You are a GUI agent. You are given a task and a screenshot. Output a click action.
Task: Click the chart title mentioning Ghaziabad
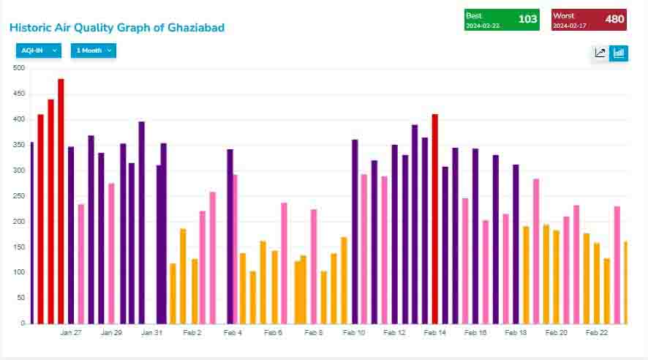117,28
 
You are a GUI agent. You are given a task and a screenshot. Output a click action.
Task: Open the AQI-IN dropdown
39,50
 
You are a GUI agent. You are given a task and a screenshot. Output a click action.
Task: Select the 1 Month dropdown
94,50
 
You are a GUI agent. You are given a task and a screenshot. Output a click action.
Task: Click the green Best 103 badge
502,20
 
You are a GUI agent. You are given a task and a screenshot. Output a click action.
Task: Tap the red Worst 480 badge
589,20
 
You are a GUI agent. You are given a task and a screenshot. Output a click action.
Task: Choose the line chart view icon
600,53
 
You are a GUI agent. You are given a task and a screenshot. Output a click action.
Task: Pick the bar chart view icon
619,53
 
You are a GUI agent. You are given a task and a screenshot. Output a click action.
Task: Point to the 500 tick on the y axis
18,68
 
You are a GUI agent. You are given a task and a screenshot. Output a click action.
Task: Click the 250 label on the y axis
18,196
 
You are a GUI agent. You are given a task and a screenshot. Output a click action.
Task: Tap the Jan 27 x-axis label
71,333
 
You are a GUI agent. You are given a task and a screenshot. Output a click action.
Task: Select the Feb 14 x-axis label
434,333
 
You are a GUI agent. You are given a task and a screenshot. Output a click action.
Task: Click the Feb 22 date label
597,333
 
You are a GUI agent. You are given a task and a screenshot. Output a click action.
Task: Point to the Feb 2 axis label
192,333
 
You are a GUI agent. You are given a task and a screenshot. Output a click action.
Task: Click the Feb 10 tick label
354,333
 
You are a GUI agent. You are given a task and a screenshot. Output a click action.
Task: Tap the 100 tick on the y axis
18,272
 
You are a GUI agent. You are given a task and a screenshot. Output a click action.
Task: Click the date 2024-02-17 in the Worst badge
570,26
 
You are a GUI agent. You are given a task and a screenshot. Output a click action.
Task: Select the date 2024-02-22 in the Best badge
483,26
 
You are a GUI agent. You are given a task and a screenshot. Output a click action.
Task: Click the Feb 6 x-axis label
273,333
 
